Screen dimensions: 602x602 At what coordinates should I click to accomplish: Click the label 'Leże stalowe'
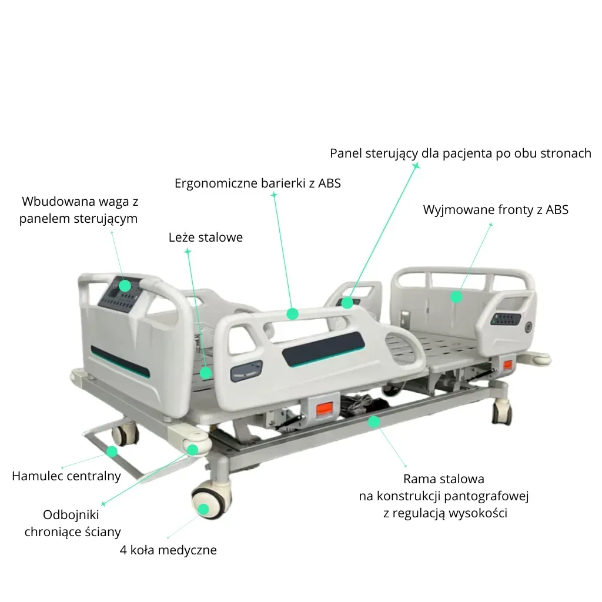pyautogui.click(x=205, y=238)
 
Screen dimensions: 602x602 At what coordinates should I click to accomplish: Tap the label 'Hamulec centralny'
pyautogui.click(x=66, y=476)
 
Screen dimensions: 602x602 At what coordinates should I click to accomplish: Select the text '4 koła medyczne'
pyautogui.click(x=168, y=550)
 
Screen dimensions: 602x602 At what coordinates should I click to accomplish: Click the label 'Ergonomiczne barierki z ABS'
pyautogui.click(x=257, y=183)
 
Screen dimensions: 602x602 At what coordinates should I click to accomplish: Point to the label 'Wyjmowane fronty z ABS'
pyautogui.click(x=496, y=210)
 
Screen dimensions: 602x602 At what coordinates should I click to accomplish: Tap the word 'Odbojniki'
pyautogui.click(x=71, y=514)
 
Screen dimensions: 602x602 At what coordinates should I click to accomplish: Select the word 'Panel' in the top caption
pyautogui.click(x=346, y=153)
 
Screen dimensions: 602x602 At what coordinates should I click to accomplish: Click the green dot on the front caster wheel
pyautogui.click(x=203, y=509)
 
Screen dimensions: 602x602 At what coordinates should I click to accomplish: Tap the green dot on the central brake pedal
pyautogui.click(x=112, y=451)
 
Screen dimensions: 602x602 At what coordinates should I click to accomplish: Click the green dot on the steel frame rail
pyautogui.click(x=374, y=422)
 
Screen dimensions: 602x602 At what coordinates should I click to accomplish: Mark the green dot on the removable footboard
pyautogui.click(x=456, y=297)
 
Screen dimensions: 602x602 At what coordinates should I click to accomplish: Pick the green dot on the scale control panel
pyautogui.click(x=125, y=286)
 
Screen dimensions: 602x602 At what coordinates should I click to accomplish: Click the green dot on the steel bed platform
pyautogui.click(x=206, y=373)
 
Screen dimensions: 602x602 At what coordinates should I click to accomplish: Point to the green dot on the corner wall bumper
pyautogui.click(x=192, y=450)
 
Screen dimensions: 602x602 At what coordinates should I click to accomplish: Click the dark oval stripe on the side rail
pyautogui.click(x=323, y=349)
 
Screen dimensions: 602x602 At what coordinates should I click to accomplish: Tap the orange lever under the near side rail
pyautogui.click(x=325, y=409)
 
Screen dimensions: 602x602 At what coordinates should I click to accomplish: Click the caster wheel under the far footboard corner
pyautogui.click(x=502, y=412)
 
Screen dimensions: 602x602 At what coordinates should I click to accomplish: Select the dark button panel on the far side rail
pyautogui.click(x=507, y=319)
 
